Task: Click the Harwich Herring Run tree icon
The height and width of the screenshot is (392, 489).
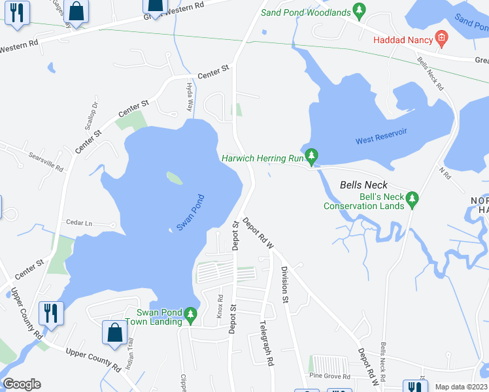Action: tap(312, 155)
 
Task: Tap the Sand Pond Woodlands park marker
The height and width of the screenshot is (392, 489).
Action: tap(358, 10)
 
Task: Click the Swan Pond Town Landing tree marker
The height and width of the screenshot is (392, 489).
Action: tap(190, 316)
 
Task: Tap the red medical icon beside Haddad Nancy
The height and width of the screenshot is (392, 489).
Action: tap(442, 39)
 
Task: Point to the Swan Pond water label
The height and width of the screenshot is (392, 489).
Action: tap(191, 212)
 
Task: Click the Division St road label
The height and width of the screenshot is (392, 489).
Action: tap(285, 284)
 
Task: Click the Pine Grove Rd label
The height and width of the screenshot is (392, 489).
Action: tap(330, 376)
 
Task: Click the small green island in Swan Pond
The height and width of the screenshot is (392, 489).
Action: tap(174, 178)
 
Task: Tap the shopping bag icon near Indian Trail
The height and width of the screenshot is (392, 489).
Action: tap(114, 332)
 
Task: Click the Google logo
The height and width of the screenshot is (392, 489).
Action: tap(22, 384)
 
